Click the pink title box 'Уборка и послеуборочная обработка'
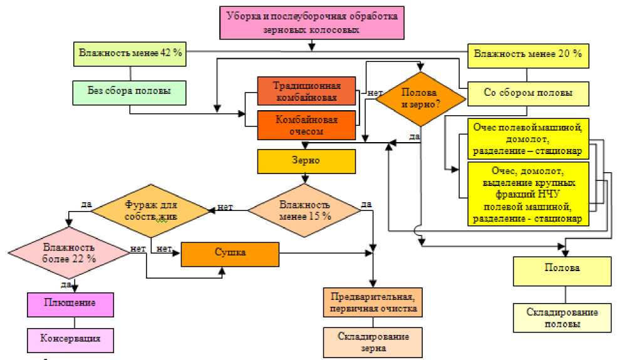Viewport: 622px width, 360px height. click(x=311, y=23)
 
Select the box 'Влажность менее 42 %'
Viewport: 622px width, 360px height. click(x=131, y=54)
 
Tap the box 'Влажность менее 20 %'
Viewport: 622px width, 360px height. click(x=527, y=54)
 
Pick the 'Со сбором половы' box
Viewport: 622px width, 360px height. click(x=527, y=93)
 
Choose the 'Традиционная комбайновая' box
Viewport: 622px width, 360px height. click(x=307, y=91)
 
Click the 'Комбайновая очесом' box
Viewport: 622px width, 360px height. click(x=307, y=126)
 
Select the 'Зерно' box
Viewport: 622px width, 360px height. click(x=307, y=161)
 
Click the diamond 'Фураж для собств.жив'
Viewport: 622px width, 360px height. click(x=150, y=210)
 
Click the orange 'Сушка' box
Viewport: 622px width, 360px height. click(x=229, y=254)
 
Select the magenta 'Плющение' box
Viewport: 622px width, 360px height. click(x=70, y=305)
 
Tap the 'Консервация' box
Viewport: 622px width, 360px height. click(x=70, y=339)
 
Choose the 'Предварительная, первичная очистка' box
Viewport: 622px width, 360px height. click(x=373, y=302)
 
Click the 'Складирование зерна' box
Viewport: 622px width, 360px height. click(x=373, y=342)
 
